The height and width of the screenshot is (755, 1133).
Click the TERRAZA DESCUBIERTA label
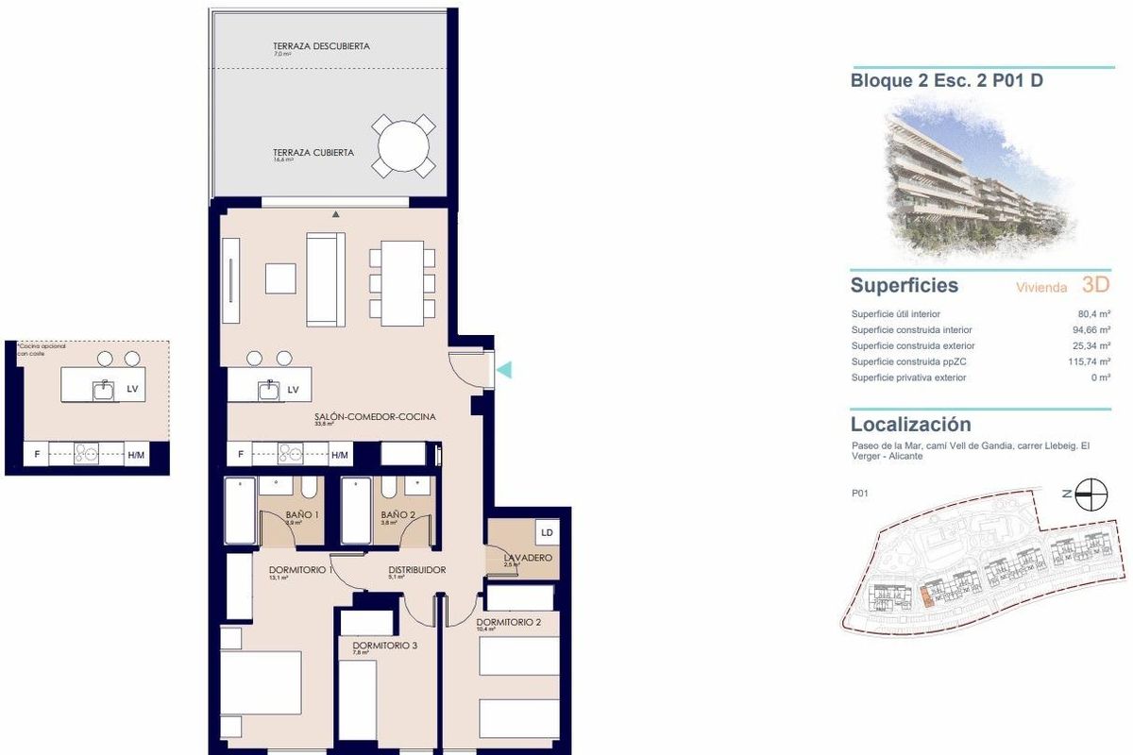point(320,45)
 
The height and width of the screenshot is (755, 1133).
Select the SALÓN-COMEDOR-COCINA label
point(375,416)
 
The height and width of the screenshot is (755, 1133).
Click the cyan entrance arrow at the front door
point(505,370)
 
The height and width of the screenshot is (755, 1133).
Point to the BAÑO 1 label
point(301,515)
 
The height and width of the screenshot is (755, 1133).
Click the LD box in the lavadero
point(547,532)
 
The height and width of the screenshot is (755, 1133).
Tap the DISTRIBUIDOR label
point(416,570)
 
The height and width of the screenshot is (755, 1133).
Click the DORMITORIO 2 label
point(508,623)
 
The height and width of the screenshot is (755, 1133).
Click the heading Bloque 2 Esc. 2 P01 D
point(946,81)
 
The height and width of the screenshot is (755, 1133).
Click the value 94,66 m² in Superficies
point(1091,330)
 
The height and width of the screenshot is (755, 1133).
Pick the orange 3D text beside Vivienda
point(1095,285)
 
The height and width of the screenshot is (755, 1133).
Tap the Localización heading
point(910,425)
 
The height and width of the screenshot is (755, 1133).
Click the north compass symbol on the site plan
point(1091,493)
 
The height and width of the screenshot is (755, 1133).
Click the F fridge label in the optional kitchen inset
point(38,455)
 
